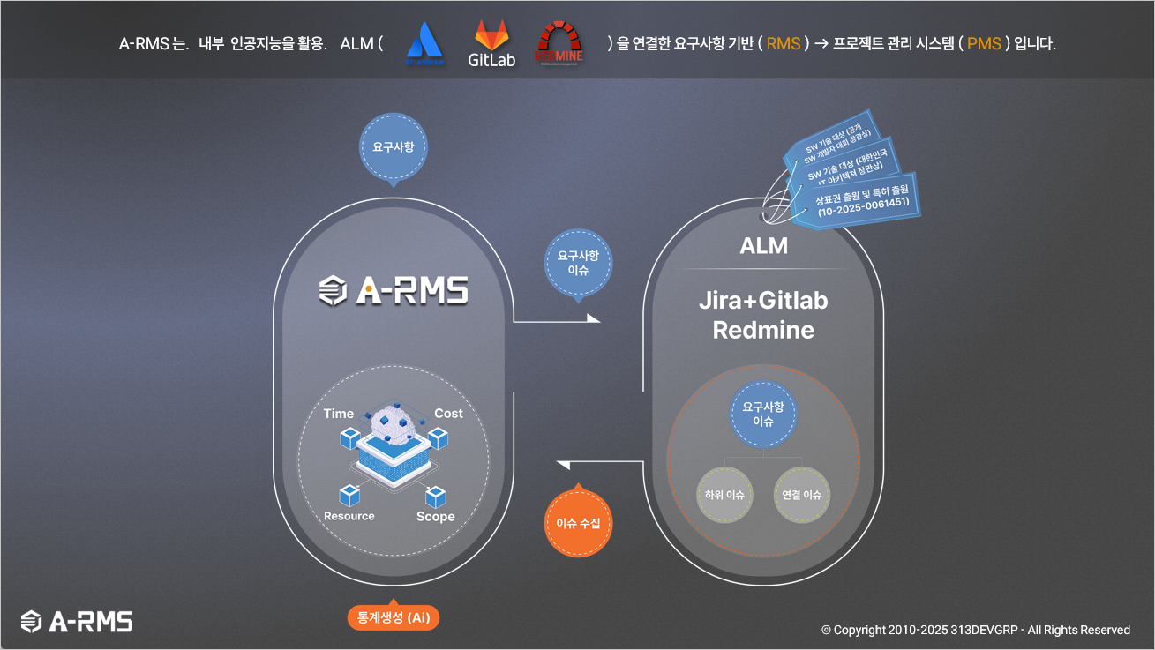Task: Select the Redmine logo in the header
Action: [559, 41]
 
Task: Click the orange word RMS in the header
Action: [783, 43]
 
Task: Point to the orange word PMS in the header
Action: [984, 43]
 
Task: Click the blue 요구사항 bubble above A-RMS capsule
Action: [393, 147]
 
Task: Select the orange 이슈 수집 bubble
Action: [578, 523]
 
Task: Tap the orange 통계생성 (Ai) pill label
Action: [394, 617]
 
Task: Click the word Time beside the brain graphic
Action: [339, 413]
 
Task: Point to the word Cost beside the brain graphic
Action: [448, 413]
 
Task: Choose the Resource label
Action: [349, 516]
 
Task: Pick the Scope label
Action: [436, 516]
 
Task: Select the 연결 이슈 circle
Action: [802, 495]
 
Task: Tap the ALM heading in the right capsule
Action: [764, 246]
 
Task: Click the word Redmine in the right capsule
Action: [763, 331]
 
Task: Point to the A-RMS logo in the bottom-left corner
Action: [78, 621]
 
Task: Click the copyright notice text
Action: [976, 630]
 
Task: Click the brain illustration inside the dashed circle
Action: [394, 428]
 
